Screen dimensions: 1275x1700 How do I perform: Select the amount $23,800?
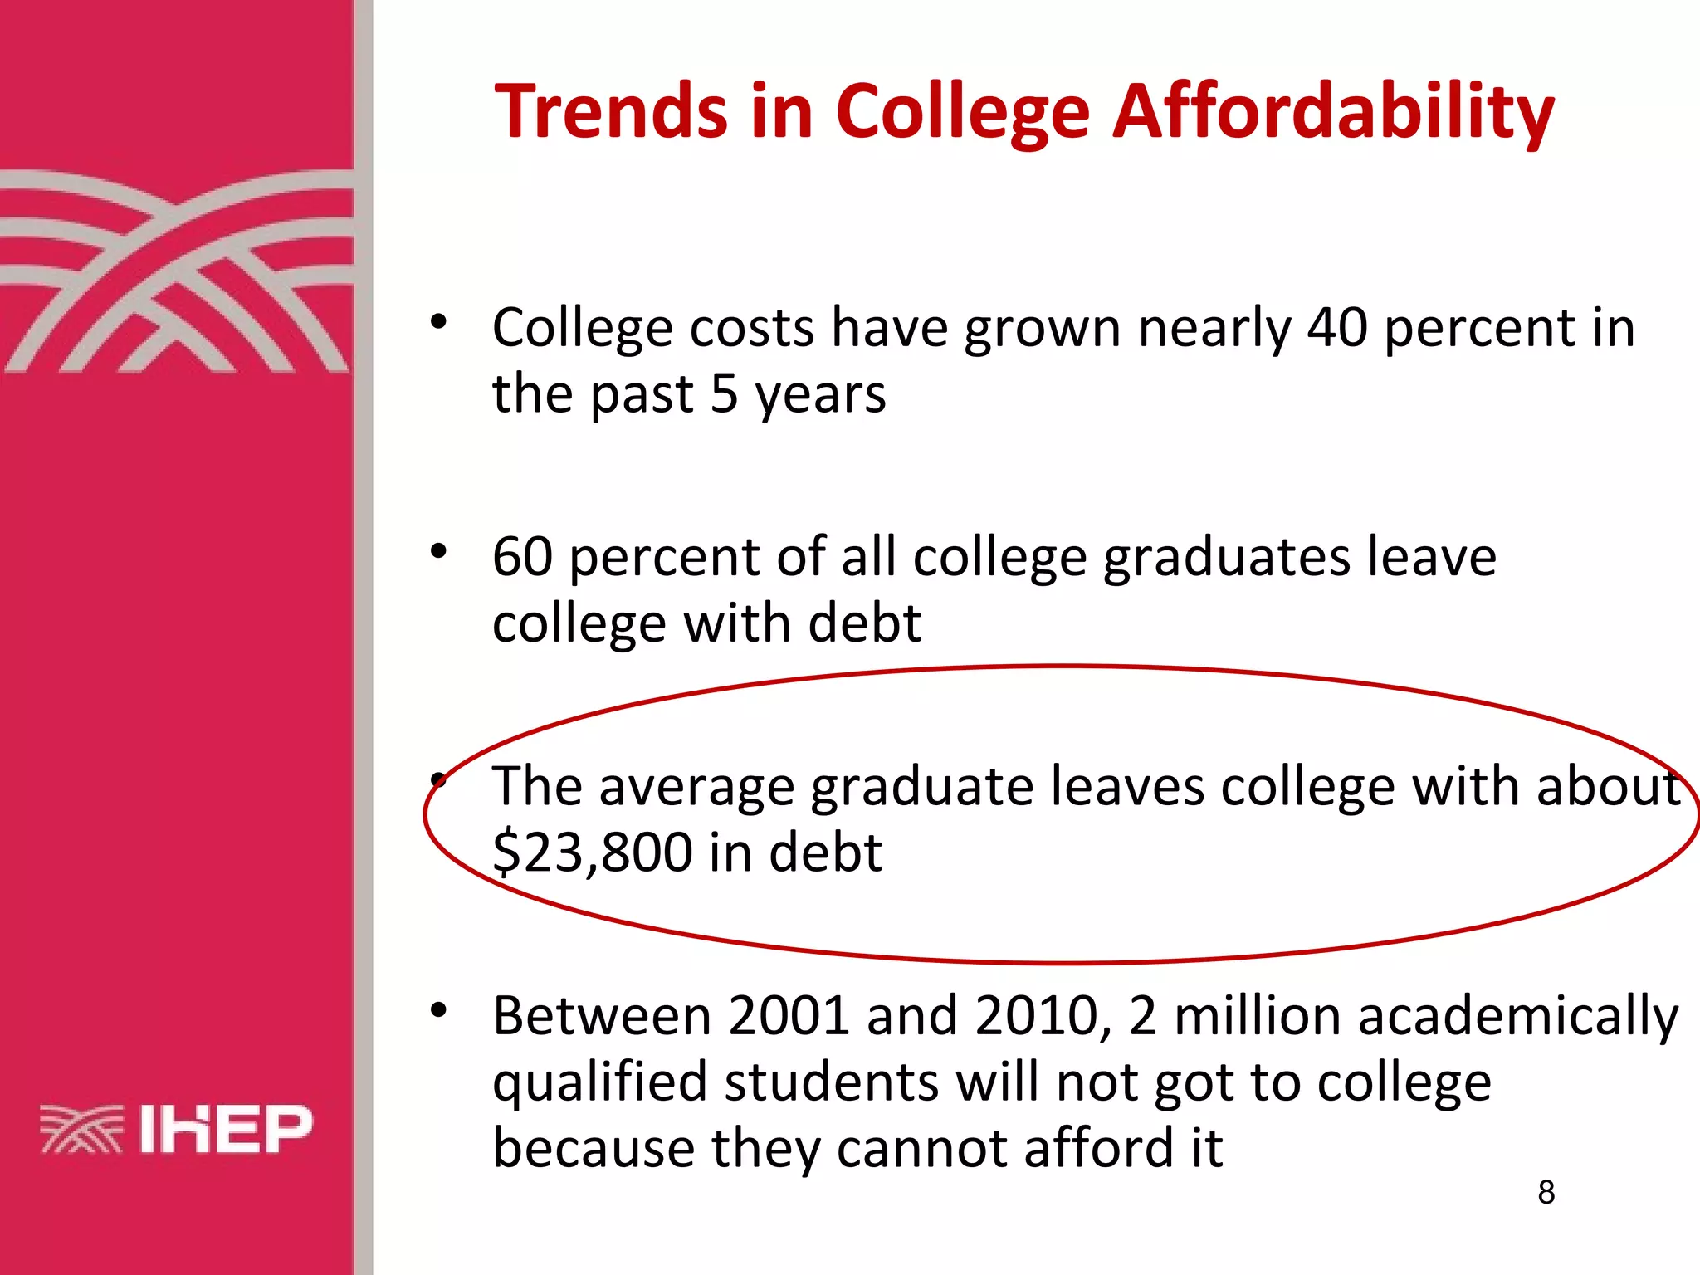[x=593, y=852]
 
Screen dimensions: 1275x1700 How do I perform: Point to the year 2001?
[x=789, y=1015]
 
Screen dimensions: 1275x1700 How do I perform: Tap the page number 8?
[x=1546, y=1192]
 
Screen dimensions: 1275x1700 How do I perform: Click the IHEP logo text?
[x=226, y=1129]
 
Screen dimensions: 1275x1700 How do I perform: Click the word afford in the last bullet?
[x=1089, y=1148]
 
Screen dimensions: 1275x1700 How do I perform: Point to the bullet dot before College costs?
[x=439, y=322]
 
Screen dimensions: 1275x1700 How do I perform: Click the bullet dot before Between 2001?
[x=439, y=1010]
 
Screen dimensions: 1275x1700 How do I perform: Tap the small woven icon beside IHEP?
[x=81, y=1130]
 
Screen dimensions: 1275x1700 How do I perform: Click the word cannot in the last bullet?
[x=921, y=1148]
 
